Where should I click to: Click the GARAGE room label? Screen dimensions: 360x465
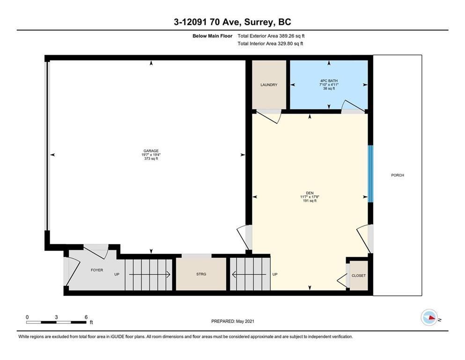pyautogui.click(x=151, y=151)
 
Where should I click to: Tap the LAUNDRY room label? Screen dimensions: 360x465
pyautogui.click(x=269, y=85)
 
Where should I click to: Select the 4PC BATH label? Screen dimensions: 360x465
pyautogui.click(x=328, y=81)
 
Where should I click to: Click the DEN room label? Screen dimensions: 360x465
pyautogui.click(x=310, y=193)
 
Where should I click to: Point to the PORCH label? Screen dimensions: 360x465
pyautogui.click(x=397, y=175)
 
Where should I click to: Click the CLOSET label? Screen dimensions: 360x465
pyautogui.click(x=359, y=276)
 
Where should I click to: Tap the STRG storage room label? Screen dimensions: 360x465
pyautogui.click(x=201, y=274)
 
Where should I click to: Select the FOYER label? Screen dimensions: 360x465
pyautogui.click(x=96, y=270)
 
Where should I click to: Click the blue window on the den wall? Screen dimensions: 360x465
pyautogui.click(x=370, y=173)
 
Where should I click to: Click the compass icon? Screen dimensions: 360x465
pyautogui.click(x=429, y=318)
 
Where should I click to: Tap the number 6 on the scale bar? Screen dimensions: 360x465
pyautogui.click(x=86, y=317)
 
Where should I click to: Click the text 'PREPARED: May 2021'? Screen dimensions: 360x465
pyautogui.click(x=232, y=321)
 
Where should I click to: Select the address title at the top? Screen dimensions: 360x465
pyautogui.click(x=232, y=22)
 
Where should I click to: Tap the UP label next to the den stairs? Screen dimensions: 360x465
pyautogui.click(x=275, y=274)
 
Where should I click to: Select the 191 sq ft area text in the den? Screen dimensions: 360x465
pyautogui.click(x=310, y=201)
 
